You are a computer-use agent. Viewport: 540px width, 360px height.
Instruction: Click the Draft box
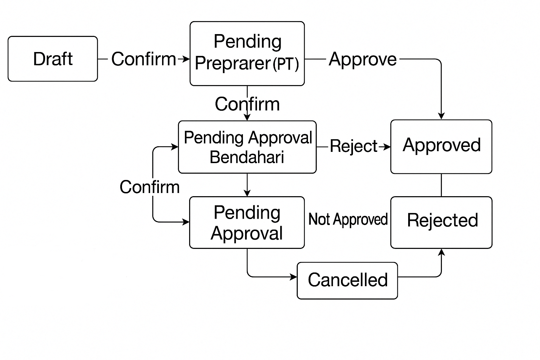pyautogui.click(x=53, y=59)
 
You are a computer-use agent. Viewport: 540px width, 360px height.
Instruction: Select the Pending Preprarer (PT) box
pyautogui.click(x=247, y=53)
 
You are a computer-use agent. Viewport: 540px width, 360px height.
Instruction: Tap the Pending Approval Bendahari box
pyautogui.click(x=247, y=147)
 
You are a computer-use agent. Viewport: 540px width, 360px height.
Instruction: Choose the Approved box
pyautogui.click(x=441, y=147)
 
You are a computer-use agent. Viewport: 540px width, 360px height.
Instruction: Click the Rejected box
pyautogui.click(x=441, y=222)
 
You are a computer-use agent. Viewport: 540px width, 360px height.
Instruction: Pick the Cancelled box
pyautogui.click(x=347, y=281)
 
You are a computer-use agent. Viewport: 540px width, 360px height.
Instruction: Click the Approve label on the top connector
pyautogui.click(x=362, y=59)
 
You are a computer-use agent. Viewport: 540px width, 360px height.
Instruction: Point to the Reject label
pyautogui.click(x=353, y=146)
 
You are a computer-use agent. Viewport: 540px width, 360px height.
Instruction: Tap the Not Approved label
pyautogui.click(x=348, y=219)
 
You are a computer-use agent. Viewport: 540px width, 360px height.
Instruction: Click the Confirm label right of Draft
pyautogui.click(x=143, y=59)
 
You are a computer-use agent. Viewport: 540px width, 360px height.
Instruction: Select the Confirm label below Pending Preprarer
pyautogui.click(x=247, y=104)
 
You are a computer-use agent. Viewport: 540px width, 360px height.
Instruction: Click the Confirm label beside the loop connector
pyautogui.click(x=149, y=187)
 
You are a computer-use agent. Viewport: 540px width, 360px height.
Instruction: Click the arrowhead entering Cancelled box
pyautogui.click(x=294, y=277)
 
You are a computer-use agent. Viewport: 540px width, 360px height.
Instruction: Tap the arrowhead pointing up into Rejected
pyautogui.click(x=442, y=252)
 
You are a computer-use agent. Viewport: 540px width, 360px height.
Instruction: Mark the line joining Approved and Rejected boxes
pyautogui.click(x=441, y=185)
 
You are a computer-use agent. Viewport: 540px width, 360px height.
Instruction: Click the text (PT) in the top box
pyautogui.click(x=285, y=64)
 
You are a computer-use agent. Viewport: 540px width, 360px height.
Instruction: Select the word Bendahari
pyautogui.click(x=247, y=157)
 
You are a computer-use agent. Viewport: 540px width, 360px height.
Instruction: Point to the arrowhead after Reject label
pyautogui.click(x=387, y=147)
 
